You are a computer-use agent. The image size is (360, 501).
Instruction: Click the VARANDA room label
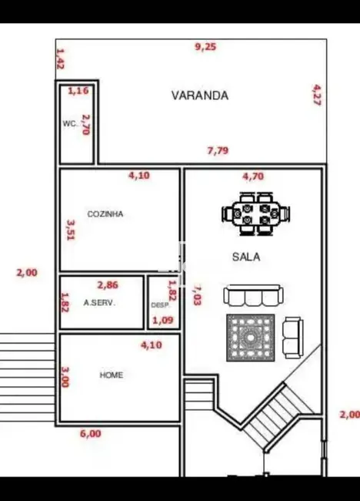pos(199,96)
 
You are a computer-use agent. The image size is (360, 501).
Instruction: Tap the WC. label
pos(69,124)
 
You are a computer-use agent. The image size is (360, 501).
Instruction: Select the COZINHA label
pos(105,214)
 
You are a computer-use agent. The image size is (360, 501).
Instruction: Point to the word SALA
pos(246,257)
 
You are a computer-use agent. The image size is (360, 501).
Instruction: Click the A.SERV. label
pos(99,303)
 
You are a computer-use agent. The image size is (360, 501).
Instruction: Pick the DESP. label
pos(158,305)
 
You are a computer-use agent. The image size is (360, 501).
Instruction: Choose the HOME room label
pos(112,375)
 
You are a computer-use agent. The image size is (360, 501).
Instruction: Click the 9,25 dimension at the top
pos(205,47)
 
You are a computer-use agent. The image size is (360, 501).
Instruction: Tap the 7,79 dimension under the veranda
pos(218,151)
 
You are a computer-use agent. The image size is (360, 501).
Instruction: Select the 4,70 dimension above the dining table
pos(253,176)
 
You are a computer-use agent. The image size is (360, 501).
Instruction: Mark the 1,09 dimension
pos(162,320)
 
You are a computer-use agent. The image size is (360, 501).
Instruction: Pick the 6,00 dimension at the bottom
pos(90,433)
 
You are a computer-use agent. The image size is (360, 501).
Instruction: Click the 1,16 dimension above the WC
pos(78,91)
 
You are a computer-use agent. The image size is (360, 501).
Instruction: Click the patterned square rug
pos(251,338)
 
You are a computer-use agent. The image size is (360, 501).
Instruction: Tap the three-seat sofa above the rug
pos(253,296)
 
